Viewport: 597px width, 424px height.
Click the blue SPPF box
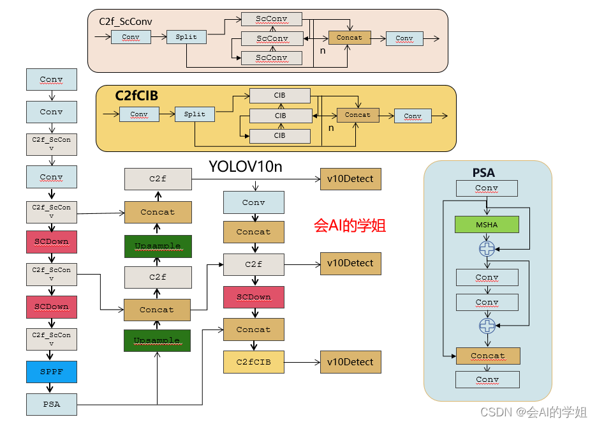pos(51,372)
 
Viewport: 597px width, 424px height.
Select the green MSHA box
pos(486,225)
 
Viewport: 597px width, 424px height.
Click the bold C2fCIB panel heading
pos(136,96)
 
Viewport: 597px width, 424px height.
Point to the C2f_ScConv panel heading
pos(125,21)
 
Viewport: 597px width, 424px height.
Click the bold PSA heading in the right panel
pos(483,172)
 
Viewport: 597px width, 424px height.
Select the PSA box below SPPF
pos(51,404)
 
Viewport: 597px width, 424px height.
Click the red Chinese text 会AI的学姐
pos(350,225)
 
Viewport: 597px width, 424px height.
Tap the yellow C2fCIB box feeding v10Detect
pos(253,362)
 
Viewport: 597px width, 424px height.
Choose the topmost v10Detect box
pos(350,179)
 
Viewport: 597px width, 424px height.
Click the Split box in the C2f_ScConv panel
pos(186,37)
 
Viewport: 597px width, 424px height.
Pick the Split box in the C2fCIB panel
pos(195,114)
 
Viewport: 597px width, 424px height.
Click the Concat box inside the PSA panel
pos(487,356)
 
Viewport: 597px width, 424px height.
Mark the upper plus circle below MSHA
pos(487,249)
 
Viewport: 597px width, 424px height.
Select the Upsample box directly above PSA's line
pos(157,340)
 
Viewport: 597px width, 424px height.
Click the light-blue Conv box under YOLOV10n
pos(253,202)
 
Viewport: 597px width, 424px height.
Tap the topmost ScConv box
pos(272,19)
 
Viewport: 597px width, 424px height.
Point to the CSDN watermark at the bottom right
pos(533,412)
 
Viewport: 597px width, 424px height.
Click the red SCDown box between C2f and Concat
pos(253,297)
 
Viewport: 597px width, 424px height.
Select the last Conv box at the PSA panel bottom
pos(487,379)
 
